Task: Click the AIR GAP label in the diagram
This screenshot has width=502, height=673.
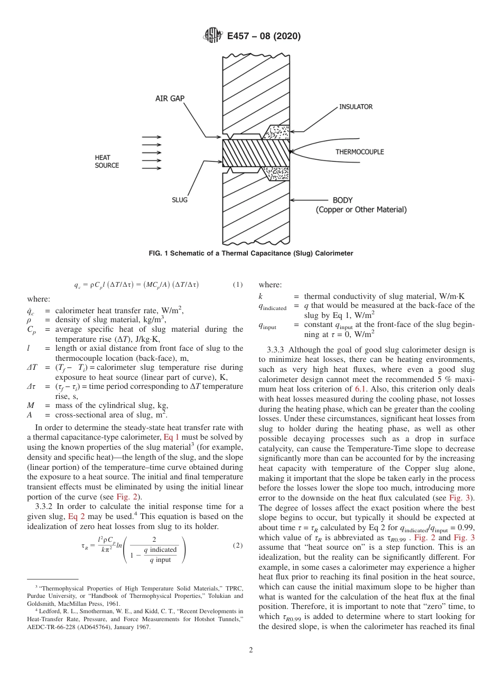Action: [x=170, y=98]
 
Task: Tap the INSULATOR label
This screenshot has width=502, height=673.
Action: [x=356, y=107]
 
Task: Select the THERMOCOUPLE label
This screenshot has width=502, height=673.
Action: [x=359, y=152]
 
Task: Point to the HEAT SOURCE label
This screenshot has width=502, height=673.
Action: [x=107, y=161]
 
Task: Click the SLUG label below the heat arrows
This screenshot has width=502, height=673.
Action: [x=180, y=201]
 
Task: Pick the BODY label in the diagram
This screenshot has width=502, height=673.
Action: [x=342, y=201]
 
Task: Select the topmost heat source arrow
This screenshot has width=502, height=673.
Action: [x=152, y=137]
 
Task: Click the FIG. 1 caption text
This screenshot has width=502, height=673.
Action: [x=250, y=253]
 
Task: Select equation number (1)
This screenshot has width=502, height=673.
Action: [x=238, y=285]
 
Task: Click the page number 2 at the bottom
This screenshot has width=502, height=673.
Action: [x=251, y=650]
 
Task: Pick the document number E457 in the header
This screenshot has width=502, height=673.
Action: [x=241, y=36]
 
